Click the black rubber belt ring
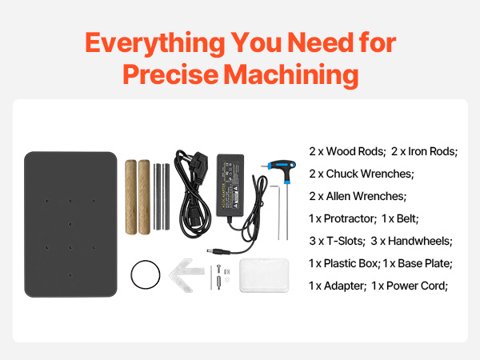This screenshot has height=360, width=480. [131, 274]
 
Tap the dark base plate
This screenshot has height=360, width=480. [70, 224]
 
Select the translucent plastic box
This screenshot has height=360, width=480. [264, 275]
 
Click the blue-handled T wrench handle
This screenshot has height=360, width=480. [282, 168]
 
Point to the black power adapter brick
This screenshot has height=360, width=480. [230, 185]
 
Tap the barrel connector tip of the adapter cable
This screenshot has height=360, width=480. [210, 250]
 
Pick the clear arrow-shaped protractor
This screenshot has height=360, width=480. [186, 274]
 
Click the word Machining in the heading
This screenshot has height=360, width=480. [291, 75]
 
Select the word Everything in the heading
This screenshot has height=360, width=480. [155, 43]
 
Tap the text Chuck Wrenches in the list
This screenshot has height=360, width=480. [369, 174]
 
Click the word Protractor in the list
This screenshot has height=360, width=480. [349, 218]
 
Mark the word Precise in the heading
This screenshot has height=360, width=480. [170, 75]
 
